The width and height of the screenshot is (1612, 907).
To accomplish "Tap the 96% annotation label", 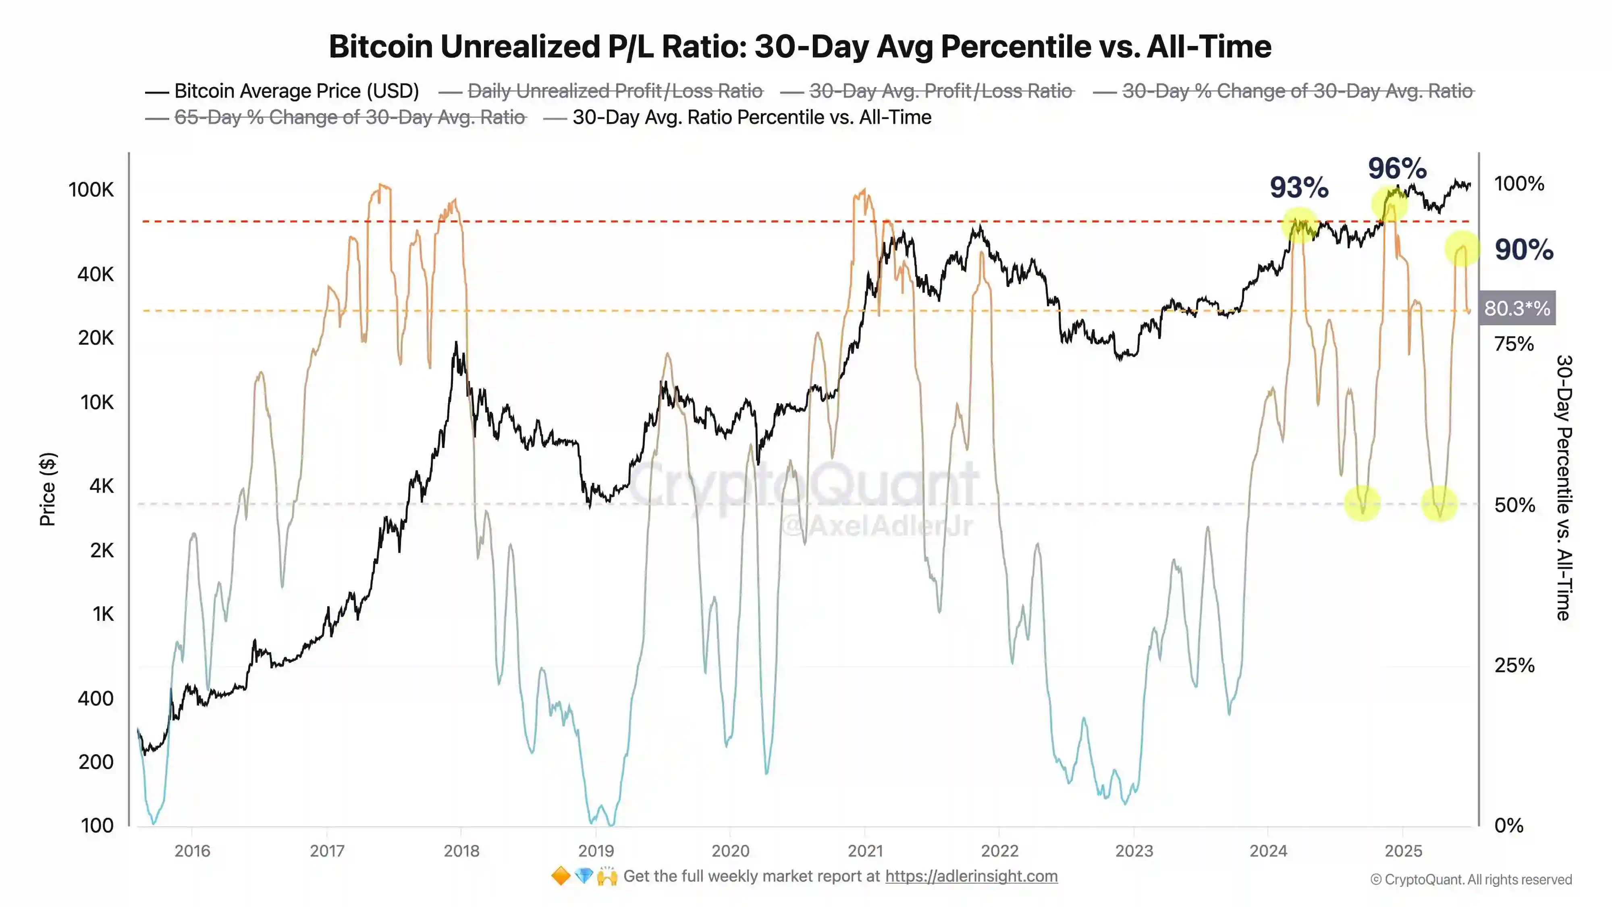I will click(1397, 169).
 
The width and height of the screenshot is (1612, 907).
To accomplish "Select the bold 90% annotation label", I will click(1524, 250).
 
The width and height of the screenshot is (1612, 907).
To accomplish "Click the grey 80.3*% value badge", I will click(1517, 308).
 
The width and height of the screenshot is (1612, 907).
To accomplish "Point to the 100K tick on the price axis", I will click(91, 189).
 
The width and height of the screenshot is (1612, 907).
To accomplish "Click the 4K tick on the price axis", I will click(102, 486).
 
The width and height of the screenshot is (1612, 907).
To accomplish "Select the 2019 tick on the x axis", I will click(596, 851).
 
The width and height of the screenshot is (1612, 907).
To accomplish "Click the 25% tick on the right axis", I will click(1514, 666).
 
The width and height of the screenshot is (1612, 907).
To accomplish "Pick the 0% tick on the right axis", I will click(1509, 826).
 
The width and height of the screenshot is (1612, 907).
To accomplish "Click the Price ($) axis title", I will click(48, 489).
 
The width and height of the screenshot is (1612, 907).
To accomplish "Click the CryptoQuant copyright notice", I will click(1471, 880).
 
